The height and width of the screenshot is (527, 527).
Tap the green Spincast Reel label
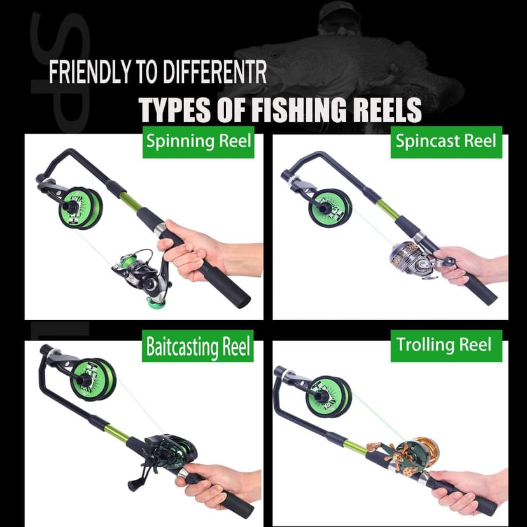(446, 141)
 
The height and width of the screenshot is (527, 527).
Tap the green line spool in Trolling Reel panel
(329, 396)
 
